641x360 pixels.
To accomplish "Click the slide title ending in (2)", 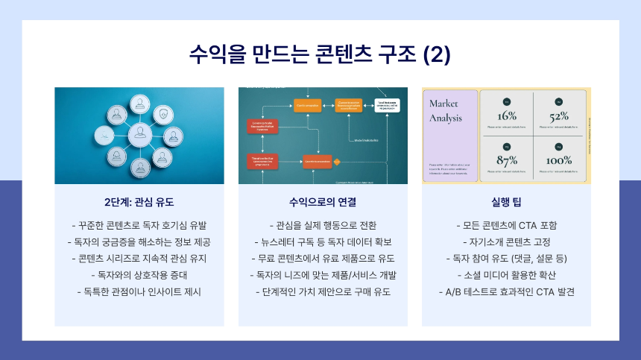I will click(x=320, y=54).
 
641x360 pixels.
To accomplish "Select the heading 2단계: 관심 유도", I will click(x=139, y=202).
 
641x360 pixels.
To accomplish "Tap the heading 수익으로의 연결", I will click(x=323, y=202).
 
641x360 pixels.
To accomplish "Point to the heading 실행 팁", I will click(x=506, y=202).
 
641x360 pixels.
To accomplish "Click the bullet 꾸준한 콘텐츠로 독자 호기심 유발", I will click(x=139, y=225).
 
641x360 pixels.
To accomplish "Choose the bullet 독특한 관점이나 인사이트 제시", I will click(x=139, y=291).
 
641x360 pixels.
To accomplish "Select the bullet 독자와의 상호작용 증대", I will click(x=139, y=275).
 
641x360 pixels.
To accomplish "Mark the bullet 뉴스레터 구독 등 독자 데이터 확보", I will click(x=323, y=241).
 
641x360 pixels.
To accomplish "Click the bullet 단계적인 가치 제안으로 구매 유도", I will click(x=323, y=291).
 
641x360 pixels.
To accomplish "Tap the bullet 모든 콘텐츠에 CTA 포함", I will click(x=506, y=225).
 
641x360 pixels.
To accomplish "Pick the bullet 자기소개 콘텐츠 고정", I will click(x=506, y=241).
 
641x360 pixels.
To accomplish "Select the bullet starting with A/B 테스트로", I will click(x=506, y=291).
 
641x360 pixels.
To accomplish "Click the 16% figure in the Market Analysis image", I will click(x=507, y=116).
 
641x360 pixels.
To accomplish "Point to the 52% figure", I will click(x=559, y=116).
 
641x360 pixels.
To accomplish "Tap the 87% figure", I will click(x=507, y=160).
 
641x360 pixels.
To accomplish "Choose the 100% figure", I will click(x=559, y=160).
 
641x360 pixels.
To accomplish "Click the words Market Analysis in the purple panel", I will click(x=444, y=110).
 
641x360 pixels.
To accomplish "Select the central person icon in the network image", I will click(x=139, y=135).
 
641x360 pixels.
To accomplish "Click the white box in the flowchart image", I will click(x=387, y=105).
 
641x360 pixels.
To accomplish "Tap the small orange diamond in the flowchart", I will click(x=337, y=160).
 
